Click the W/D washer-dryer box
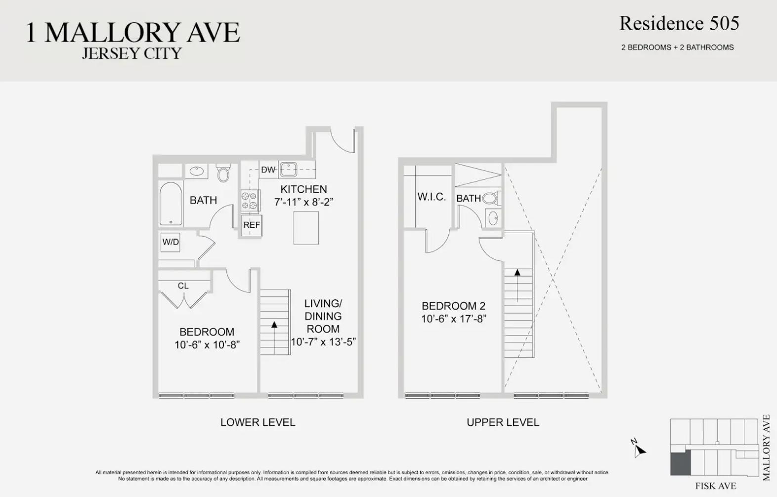point(171,242)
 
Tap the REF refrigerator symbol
point(252,225)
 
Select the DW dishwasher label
point(268,169)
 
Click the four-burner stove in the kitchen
point(250,201)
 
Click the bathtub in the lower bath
point(171,204)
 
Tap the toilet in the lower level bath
point(223,173)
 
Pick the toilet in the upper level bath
point(491,199)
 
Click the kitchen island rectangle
point(306,228)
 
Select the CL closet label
point(183,286)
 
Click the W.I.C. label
point(432,197)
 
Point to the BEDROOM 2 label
point(453,306)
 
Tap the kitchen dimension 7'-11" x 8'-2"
point(303,202)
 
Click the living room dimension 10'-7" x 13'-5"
point(323,342)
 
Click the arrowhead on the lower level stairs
point(274,325)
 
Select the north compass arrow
point(639,451)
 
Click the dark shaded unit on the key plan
point(680,463)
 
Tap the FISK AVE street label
point(716,486)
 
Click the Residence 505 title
point(679,24)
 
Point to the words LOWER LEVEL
point(258,422)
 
